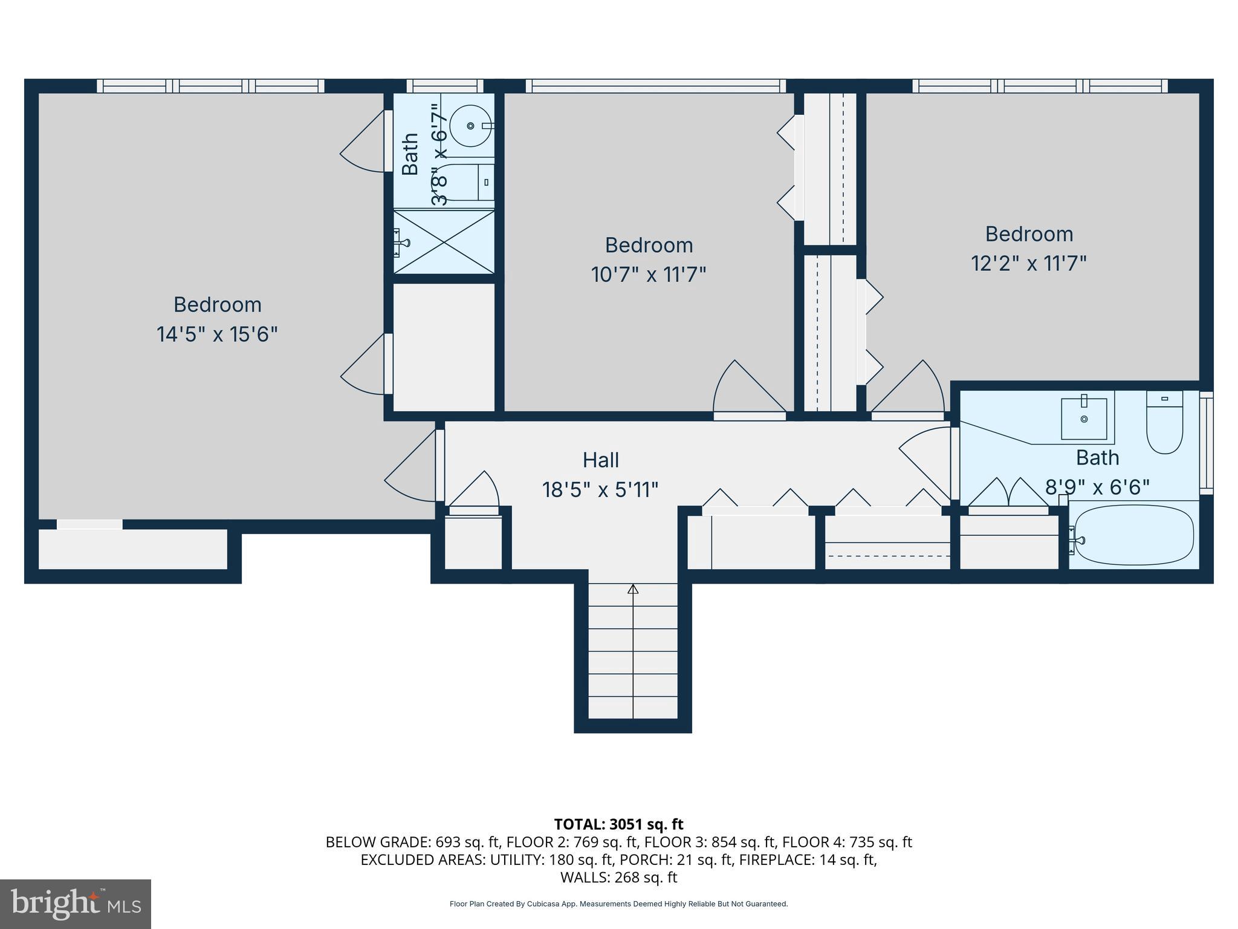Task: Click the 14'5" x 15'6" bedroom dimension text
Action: tap(217, 334)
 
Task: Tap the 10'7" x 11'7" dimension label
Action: tap(648, 275)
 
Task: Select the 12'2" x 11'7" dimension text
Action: tap(1029, 264)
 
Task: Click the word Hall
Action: tap(600, 460)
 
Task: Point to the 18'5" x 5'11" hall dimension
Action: tap(600, 489)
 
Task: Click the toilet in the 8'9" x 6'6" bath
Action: tap(1164, 423)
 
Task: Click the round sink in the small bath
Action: tap(471, 126)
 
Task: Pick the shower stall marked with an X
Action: tap(444, 242)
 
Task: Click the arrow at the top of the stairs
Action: tap(633, 589)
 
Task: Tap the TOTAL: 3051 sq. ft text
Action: tap(618, 824)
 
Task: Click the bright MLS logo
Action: tap(76, 904)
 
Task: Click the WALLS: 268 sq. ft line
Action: tap(618, 877)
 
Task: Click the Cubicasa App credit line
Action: tap(618, 904)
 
